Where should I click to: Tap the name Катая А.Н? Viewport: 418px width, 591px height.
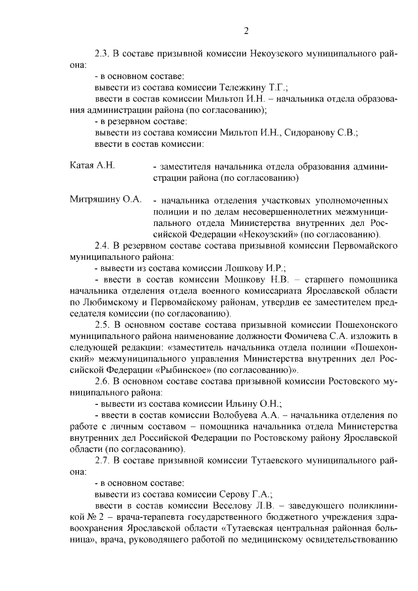coord(92,165)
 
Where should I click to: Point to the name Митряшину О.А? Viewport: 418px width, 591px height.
coord(105,199)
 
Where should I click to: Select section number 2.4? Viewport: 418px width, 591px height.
coord(102,245)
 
